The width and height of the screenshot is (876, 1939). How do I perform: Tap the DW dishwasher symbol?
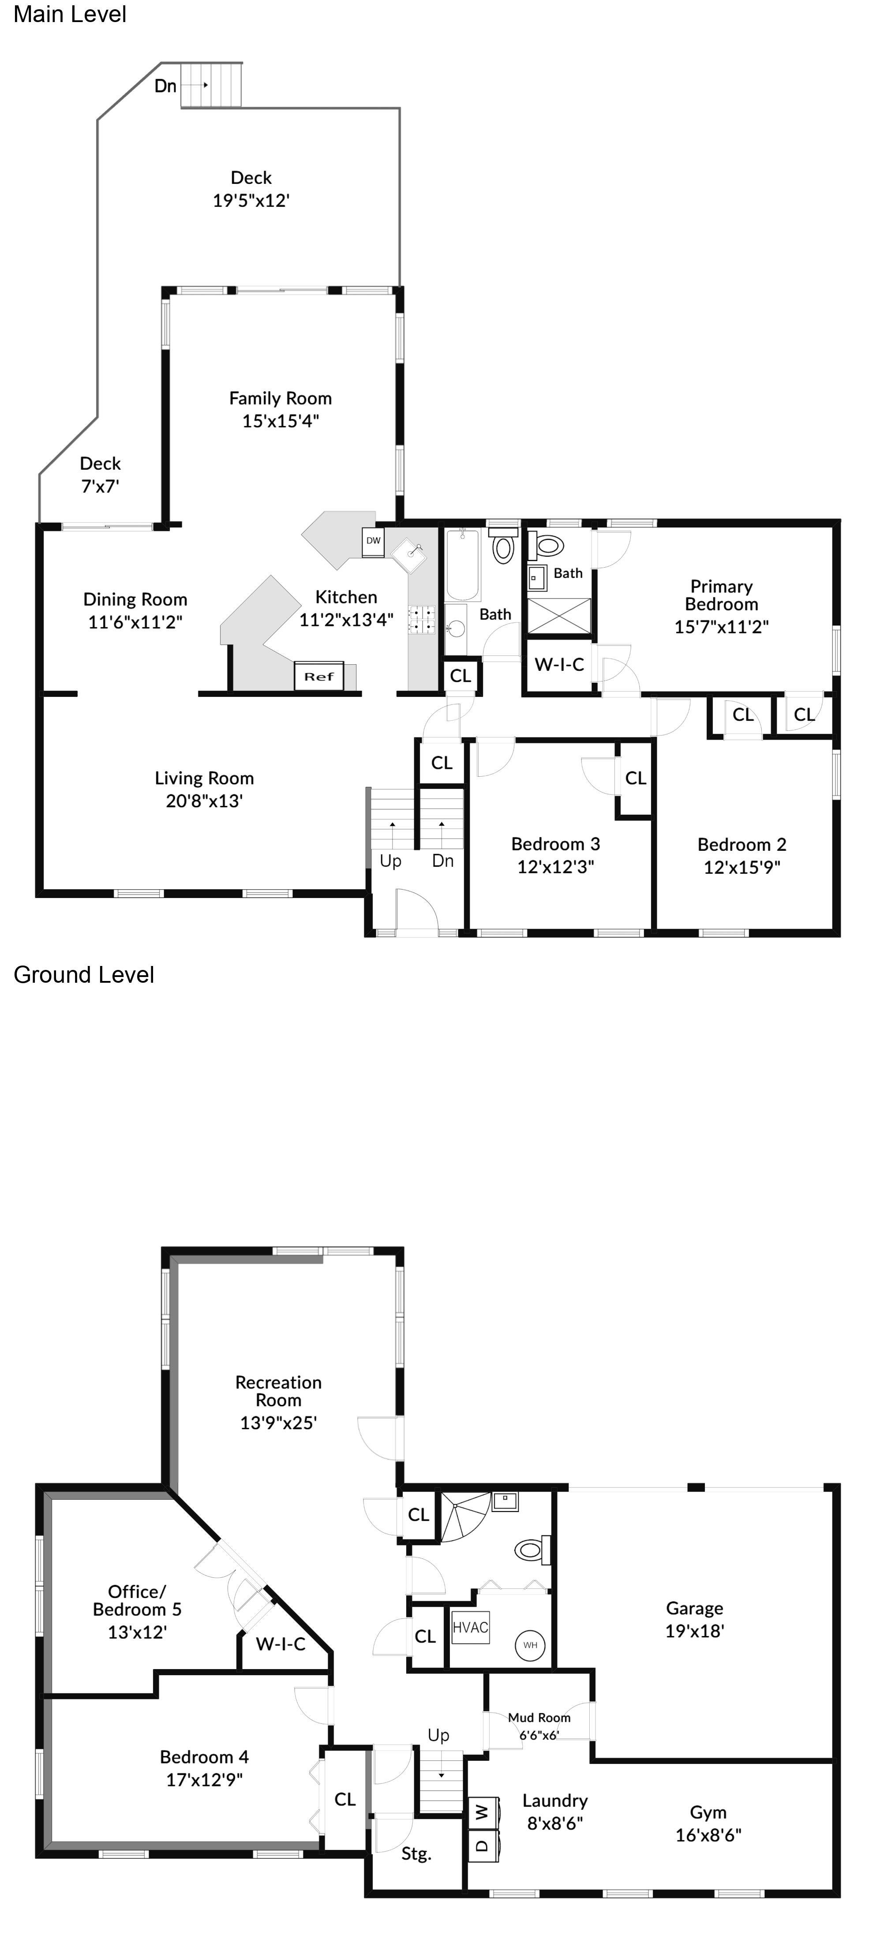tap(373, 540)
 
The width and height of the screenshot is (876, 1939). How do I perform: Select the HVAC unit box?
tap(470, 1628)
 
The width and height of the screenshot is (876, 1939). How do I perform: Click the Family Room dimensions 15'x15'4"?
tap(280, 421)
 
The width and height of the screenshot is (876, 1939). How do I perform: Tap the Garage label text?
tap(694, 1609)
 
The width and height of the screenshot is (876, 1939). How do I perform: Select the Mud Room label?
tap(539, 1718)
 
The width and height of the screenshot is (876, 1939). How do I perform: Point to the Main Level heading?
tap(70, 14)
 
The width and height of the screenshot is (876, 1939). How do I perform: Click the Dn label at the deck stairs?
tap(165, 86)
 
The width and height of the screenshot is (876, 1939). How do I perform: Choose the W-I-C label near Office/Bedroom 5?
tap(280, 1644)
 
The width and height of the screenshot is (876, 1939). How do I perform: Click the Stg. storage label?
tap(416, 1854)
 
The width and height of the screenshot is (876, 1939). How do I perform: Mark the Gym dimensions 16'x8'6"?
tap(708, 1835)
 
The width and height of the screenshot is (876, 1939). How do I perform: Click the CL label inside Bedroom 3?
tap(635, 779)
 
